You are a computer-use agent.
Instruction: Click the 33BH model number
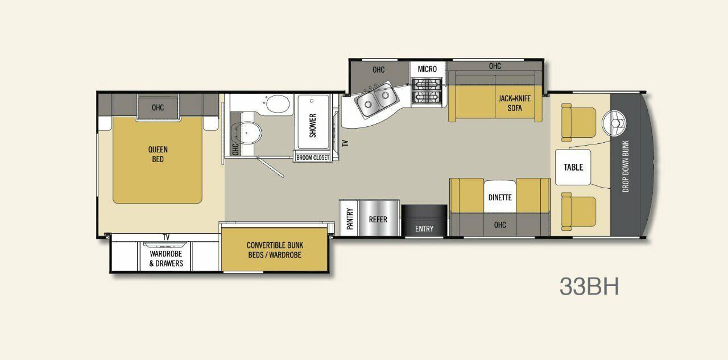589,287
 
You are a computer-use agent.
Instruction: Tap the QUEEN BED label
158,154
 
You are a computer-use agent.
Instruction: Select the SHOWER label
312,125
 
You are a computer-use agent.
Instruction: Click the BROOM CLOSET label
312,158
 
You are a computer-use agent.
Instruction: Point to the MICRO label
427,69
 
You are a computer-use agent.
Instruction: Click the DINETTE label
500,198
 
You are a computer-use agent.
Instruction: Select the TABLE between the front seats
573,167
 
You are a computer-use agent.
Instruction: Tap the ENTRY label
424,229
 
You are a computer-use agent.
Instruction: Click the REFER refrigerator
378,219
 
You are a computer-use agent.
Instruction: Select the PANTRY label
350,219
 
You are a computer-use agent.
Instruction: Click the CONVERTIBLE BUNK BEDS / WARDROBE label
275,250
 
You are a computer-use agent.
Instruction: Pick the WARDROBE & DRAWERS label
166,259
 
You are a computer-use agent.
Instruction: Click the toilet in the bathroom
249,133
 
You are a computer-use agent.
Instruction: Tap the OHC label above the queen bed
158,107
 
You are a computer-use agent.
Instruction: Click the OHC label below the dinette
500,225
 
